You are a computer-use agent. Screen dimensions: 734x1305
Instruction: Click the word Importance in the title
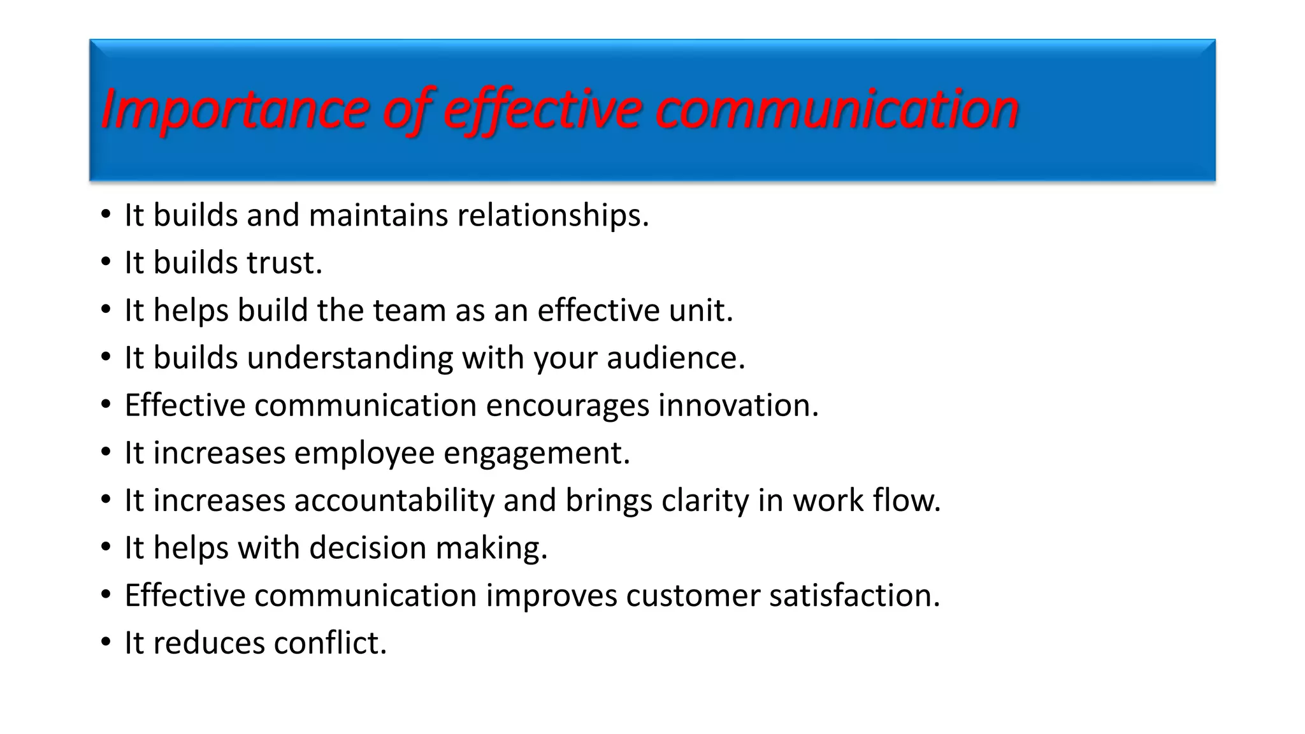[234, 110]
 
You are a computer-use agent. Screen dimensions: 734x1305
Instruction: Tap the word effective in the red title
[542, 110]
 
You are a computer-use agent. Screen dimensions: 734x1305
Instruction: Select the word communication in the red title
[837, 110]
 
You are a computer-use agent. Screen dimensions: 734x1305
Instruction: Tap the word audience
[675, 357]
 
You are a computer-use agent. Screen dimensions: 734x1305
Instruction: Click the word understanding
[350, 357]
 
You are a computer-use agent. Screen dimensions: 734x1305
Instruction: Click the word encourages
[567, 405]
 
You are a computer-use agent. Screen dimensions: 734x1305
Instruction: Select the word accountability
[394, 500]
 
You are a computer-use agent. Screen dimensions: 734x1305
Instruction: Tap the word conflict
[329, 643]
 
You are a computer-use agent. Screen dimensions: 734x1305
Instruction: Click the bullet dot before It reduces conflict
[106, 643]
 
